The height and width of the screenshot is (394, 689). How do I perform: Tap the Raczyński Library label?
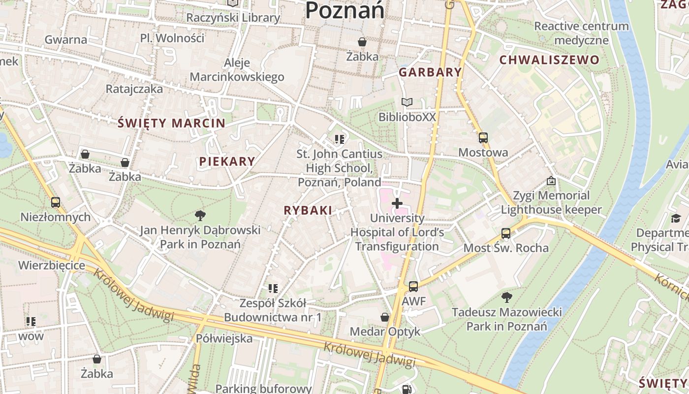coord(233,18)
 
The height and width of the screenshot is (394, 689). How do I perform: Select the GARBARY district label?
coord(430,72)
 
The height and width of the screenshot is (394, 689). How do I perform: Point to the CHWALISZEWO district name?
coord(550,60)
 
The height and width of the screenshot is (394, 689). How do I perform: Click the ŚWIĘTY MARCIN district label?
coord(171,123)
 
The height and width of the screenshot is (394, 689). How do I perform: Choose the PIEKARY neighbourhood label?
coord(227,161)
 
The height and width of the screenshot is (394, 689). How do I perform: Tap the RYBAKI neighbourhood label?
coord(308,210)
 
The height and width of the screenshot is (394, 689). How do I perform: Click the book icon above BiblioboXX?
coord(407,102)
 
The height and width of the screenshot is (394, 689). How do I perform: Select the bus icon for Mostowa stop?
coord(483,138)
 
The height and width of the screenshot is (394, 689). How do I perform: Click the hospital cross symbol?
coord(397,203)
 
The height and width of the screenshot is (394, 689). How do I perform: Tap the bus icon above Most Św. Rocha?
coord(506,233)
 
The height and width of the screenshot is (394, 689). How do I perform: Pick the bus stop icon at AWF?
coord(413,286)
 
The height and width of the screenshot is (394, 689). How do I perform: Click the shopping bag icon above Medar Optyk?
coord(385,317)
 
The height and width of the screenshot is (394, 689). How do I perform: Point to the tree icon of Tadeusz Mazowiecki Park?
coord(506,297)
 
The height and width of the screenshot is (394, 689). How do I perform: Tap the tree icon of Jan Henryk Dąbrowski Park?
coord(200,215)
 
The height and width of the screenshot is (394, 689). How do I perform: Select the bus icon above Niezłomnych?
coord(56,202)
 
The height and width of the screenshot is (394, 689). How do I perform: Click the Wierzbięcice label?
coord(52,265)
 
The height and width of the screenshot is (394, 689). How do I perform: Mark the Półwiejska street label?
coord(224,338)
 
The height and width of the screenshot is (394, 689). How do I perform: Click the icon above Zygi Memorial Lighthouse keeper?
coord(551,181)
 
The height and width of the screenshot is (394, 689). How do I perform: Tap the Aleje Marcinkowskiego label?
coord(237,70)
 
